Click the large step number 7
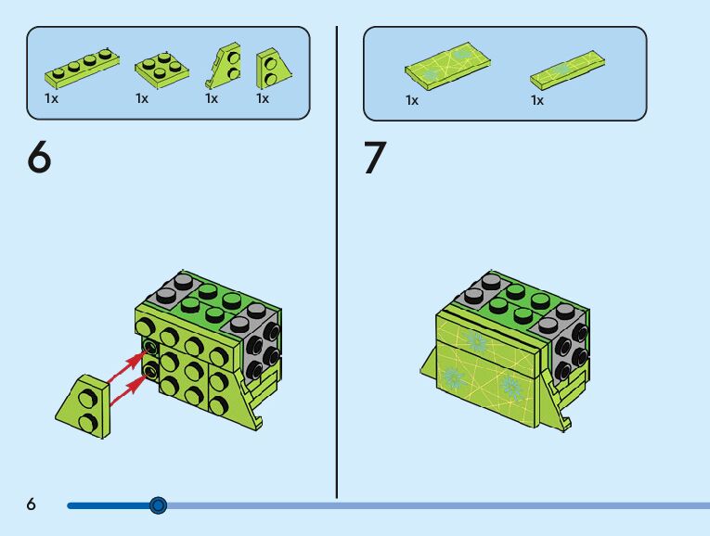374,159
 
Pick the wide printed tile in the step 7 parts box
447,65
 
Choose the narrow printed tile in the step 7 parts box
567,69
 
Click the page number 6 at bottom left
31,504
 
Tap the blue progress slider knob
158,505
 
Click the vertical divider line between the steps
336,260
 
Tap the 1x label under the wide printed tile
412,100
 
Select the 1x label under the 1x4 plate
52,98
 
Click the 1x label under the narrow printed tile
537,100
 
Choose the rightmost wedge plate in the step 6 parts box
271,65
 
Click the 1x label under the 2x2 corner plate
142,98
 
